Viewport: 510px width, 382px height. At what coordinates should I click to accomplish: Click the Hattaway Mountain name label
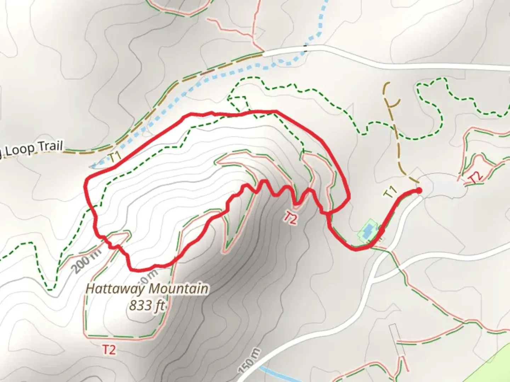tap(147, 289)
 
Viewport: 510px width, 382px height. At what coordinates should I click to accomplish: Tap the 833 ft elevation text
tap(147, 305)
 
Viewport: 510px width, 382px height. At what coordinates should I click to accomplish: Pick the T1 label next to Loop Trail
tap(115, 157)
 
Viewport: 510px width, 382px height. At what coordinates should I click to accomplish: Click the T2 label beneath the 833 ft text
tap(109, 350)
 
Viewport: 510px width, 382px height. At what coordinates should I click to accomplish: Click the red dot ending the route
tap(419, 191)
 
